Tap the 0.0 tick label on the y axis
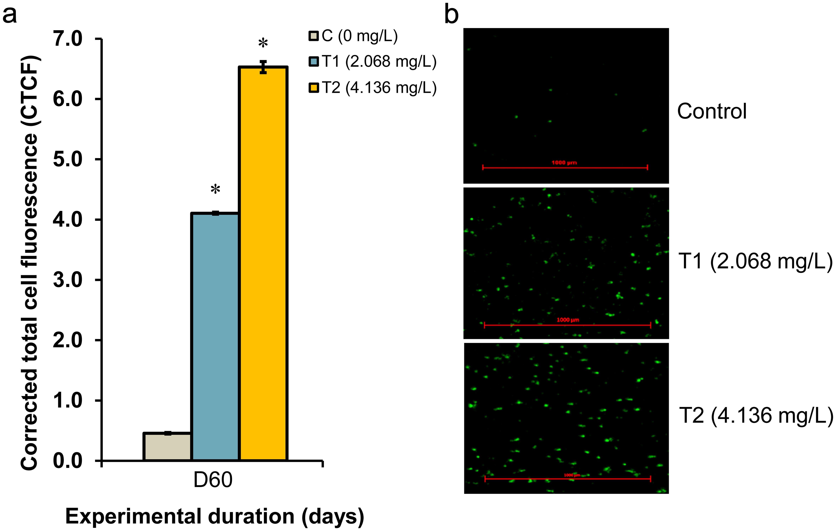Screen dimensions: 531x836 click(x=68, y=461)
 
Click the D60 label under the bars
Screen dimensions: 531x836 click(x=213, y=480)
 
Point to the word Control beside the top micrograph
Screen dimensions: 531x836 click(x=712, y=112)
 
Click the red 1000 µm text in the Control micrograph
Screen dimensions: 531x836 click(x=564, y=162)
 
